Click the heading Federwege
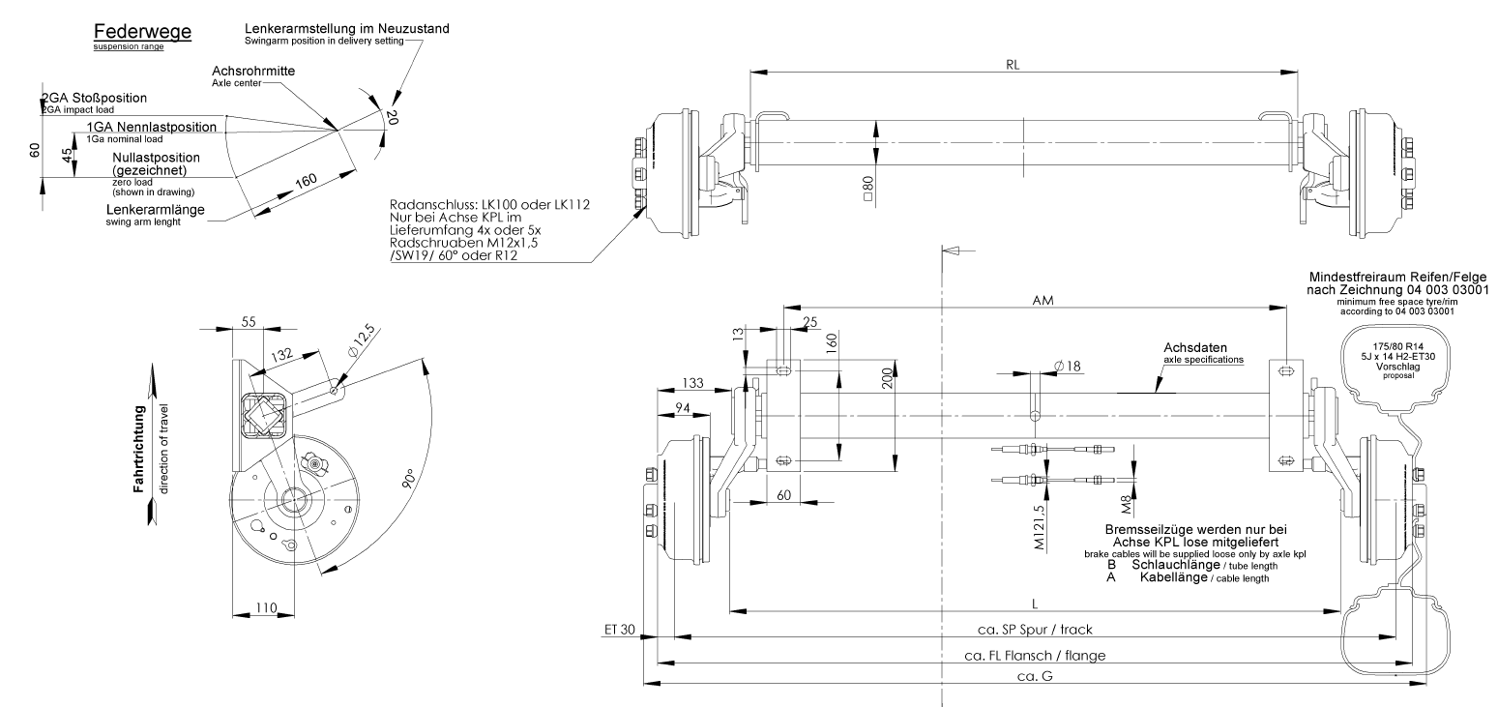[x=142, y=32]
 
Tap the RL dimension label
[x=1013, y=65]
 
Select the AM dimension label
[x=1043, y=301]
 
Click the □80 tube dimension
[x=868, y=189]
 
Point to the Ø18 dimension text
[x=1068, y=366]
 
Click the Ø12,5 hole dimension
[x=362, y=340]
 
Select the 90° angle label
[x=409, y=478]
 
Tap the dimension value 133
[x=692, y=383]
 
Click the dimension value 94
[x=682, y=409]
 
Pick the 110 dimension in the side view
[x=266, y=607]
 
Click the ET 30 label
[x=620, y=630]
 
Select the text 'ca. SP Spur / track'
[x=1035, y=630]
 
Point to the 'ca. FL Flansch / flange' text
[x=1035, y=656]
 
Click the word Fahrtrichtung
[x=139, y=449]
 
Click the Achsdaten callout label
[x=1195, y=348]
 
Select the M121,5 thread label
[x=1039, y=527]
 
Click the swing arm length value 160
[x=307, y=181]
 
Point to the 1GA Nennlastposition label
[x=152, y=127]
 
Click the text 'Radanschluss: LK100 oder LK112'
[x=489, y=205]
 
